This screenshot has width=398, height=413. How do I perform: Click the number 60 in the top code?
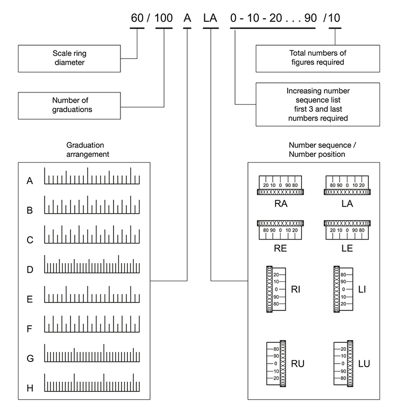pyautogui.click(x=137, y=18)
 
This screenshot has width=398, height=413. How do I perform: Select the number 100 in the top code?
pyautogui.click(x=163, y=18)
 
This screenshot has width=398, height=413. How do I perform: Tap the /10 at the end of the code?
pyautogui.click(x=334, y=18)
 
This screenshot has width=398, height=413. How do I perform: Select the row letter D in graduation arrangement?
pyautogui.click(x=30, y=269)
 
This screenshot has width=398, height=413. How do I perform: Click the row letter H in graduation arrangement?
pyautogui.click(x=30, y=388)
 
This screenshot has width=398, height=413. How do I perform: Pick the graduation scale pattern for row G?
pyautogui.click(x=92, y=353)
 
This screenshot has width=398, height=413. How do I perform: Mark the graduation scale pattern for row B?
pyautogui.click(x=92, y=206)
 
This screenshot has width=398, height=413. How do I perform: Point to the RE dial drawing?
pyautogui.click(x=280, y=227)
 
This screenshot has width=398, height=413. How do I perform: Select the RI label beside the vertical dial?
pyautogui.click(x=296, y=289)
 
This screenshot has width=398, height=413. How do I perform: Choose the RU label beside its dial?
pyautogui.click(x=298, y=364)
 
